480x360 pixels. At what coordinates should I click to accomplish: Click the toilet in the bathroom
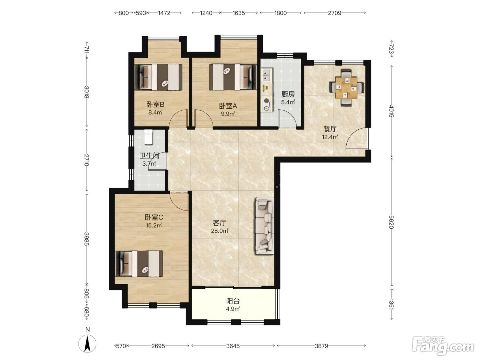148,137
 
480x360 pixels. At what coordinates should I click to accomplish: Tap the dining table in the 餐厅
346,88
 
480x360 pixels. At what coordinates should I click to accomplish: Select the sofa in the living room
265,226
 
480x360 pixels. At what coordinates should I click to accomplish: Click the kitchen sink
267,74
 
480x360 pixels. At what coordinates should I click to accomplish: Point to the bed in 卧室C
139,263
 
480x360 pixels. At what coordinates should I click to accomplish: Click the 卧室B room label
155,105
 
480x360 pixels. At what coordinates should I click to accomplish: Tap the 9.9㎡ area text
228,114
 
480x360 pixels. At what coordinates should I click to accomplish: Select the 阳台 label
233,301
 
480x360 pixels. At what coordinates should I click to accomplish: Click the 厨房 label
288,94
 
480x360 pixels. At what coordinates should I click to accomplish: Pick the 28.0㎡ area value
219,231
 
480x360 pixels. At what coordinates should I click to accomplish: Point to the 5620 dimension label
391,222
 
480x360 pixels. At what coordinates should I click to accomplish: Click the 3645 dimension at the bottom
233,346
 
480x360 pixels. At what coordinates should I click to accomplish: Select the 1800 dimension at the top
280,13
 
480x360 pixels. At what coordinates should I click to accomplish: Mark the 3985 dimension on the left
87,239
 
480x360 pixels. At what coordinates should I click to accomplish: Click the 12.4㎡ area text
330,137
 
